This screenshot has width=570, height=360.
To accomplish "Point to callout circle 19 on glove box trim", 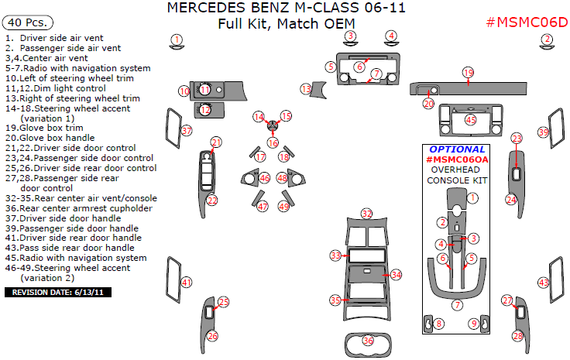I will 468,72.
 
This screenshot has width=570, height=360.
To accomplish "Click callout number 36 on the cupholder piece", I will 369,340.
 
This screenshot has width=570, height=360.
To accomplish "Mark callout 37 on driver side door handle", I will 186,132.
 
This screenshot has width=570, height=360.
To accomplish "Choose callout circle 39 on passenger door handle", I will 544,133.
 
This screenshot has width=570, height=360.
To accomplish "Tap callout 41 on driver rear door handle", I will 186,283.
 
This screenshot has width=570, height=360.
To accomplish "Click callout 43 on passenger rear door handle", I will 544,283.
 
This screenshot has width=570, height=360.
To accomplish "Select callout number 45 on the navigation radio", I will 470,119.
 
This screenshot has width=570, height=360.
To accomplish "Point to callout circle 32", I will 366,213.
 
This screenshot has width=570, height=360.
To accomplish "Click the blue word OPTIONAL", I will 458,149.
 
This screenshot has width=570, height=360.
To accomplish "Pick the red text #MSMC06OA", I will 458,159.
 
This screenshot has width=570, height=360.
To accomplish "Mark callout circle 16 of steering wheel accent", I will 273,142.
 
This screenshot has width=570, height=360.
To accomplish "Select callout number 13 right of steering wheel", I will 306,90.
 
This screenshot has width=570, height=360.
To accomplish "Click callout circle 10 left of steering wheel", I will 184,91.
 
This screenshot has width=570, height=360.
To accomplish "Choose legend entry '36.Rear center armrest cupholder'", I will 78,207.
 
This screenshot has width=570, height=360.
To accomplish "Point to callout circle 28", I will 517,335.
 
